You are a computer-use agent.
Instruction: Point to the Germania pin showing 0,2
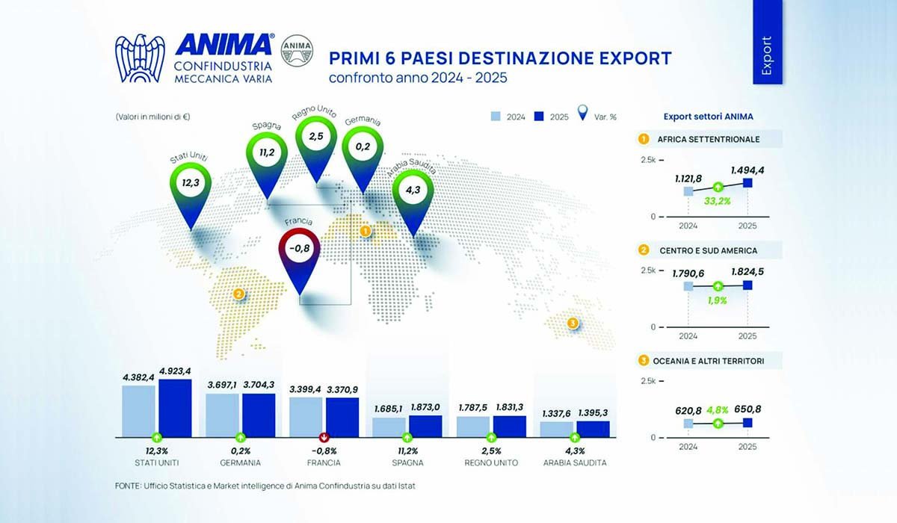(x=363, y=146)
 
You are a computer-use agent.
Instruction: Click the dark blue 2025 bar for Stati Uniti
(x=175, y=407)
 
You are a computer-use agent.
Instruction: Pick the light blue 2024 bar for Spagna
(x=389, y=426)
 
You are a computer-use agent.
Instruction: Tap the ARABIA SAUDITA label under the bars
(x=574, y=463)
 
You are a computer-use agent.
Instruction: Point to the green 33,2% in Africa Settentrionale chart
(x=718, y=201)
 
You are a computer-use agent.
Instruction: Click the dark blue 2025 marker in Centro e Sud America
(x=747, y=285)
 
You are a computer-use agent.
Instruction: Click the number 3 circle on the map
(x=573, y=324)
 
